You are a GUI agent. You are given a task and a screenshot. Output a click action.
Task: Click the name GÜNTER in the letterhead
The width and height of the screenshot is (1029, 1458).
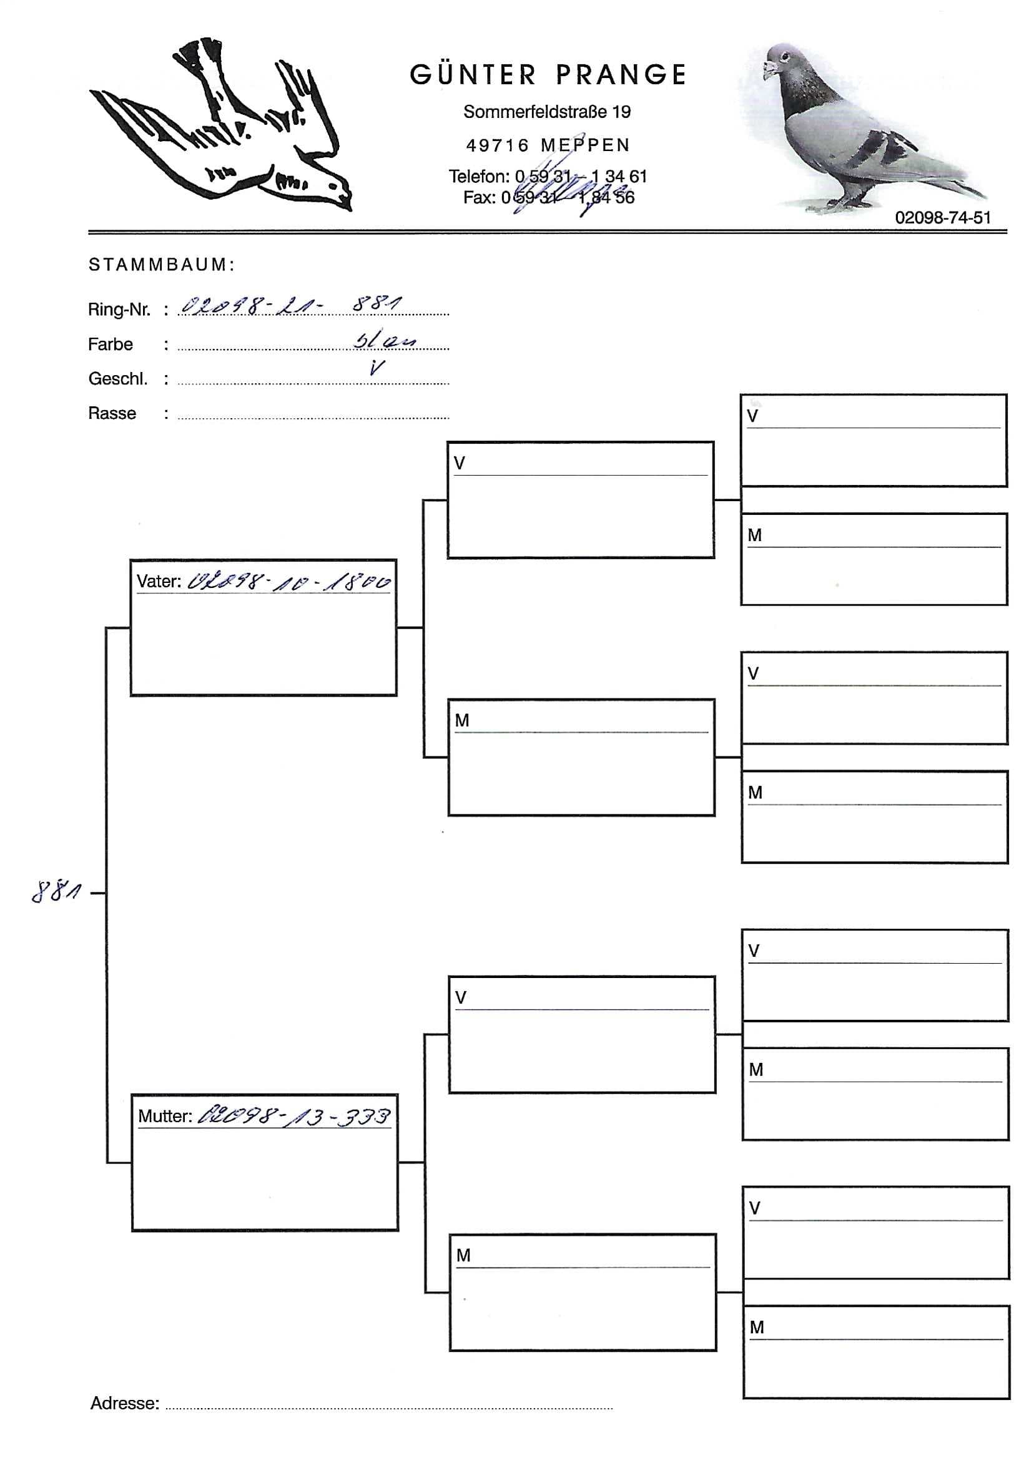(473, 75)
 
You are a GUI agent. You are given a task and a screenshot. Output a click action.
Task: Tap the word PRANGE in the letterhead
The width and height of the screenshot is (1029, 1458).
(621, 75)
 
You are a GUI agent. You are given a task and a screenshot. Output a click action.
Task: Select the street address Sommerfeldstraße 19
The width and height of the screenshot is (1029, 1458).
(547, 112)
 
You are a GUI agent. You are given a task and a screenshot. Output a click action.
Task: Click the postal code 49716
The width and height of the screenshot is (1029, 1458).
(498, 145)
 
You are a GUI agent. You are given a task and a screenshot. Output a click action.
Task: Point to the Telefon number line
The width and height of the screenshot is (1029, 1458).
(548, 176)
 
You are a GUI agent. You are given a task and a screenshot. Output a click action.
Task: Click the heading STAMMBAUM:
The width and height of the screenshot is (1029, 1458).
(161, 265)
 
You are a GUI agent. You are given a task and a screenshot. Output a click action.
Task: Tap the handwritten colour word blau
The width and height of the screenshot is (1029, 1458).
(384, 340)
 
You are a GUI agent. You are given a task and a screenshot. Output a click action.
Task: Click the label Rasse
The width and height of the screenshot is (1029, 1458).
(112, 413)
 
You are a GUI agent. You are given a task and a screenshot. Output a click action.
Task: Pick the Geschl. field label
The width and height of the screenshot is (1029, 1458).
(117, 379)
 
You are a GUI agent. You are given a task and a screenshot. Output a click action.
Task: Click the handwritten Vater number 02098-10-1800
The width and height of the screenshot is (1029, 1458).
(289, 582)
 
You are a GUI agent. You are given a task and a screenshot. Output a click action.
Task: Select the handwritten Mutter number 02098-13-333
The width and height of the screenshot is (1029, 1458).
(294, 1117)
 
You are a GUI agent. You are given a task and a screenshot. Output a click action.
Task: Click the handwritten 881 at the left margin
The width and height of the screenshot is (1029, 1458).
(56, 892)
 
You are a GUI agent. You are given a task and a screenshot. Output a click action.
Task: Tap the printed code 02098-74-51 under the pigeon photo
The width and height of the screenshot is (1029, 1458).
(943, 218)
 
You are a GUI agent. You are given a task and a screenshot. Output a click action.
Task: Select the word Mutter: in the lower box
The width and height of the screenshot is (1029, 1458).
(165, 1117)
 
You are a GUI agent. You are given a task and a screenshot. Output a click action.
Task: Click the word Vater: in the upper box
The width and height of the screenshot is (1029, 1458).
(159, 582)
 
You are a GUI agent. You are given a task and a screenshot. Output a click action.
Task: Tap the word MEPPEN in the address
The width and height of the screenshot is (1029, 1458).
(585, 145)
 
